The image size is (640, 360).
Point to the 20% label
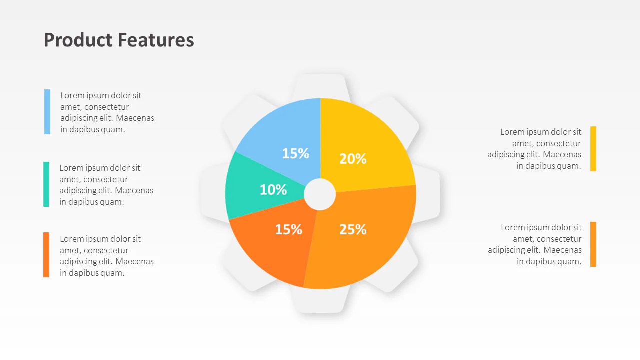(353, 159)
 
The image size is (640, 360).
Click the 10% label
(273, 190)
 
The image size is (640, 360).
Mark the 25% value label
(353, 229)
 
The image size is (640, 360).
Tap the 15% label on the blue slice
(295, 153)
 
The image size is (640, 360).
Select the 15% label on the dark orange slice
(289, 229)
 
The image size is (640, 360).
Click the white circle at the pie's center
(320, 194)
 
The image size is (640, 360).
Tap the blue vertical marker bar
(47, 112)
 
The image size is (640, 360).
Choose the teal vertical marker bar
(46, 184)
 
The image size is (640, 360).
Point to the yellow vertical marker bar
(593, 149)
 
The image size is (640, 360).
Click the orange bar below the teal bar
(46, 255)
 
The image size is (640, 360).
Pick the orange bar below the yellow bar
(593, 244)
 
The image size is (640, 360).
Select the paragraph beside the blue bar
(107, 112)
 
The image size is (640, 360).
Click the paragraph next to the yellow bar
(535, 149)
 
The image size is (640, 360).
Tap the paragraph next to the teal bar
(106, 185)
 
